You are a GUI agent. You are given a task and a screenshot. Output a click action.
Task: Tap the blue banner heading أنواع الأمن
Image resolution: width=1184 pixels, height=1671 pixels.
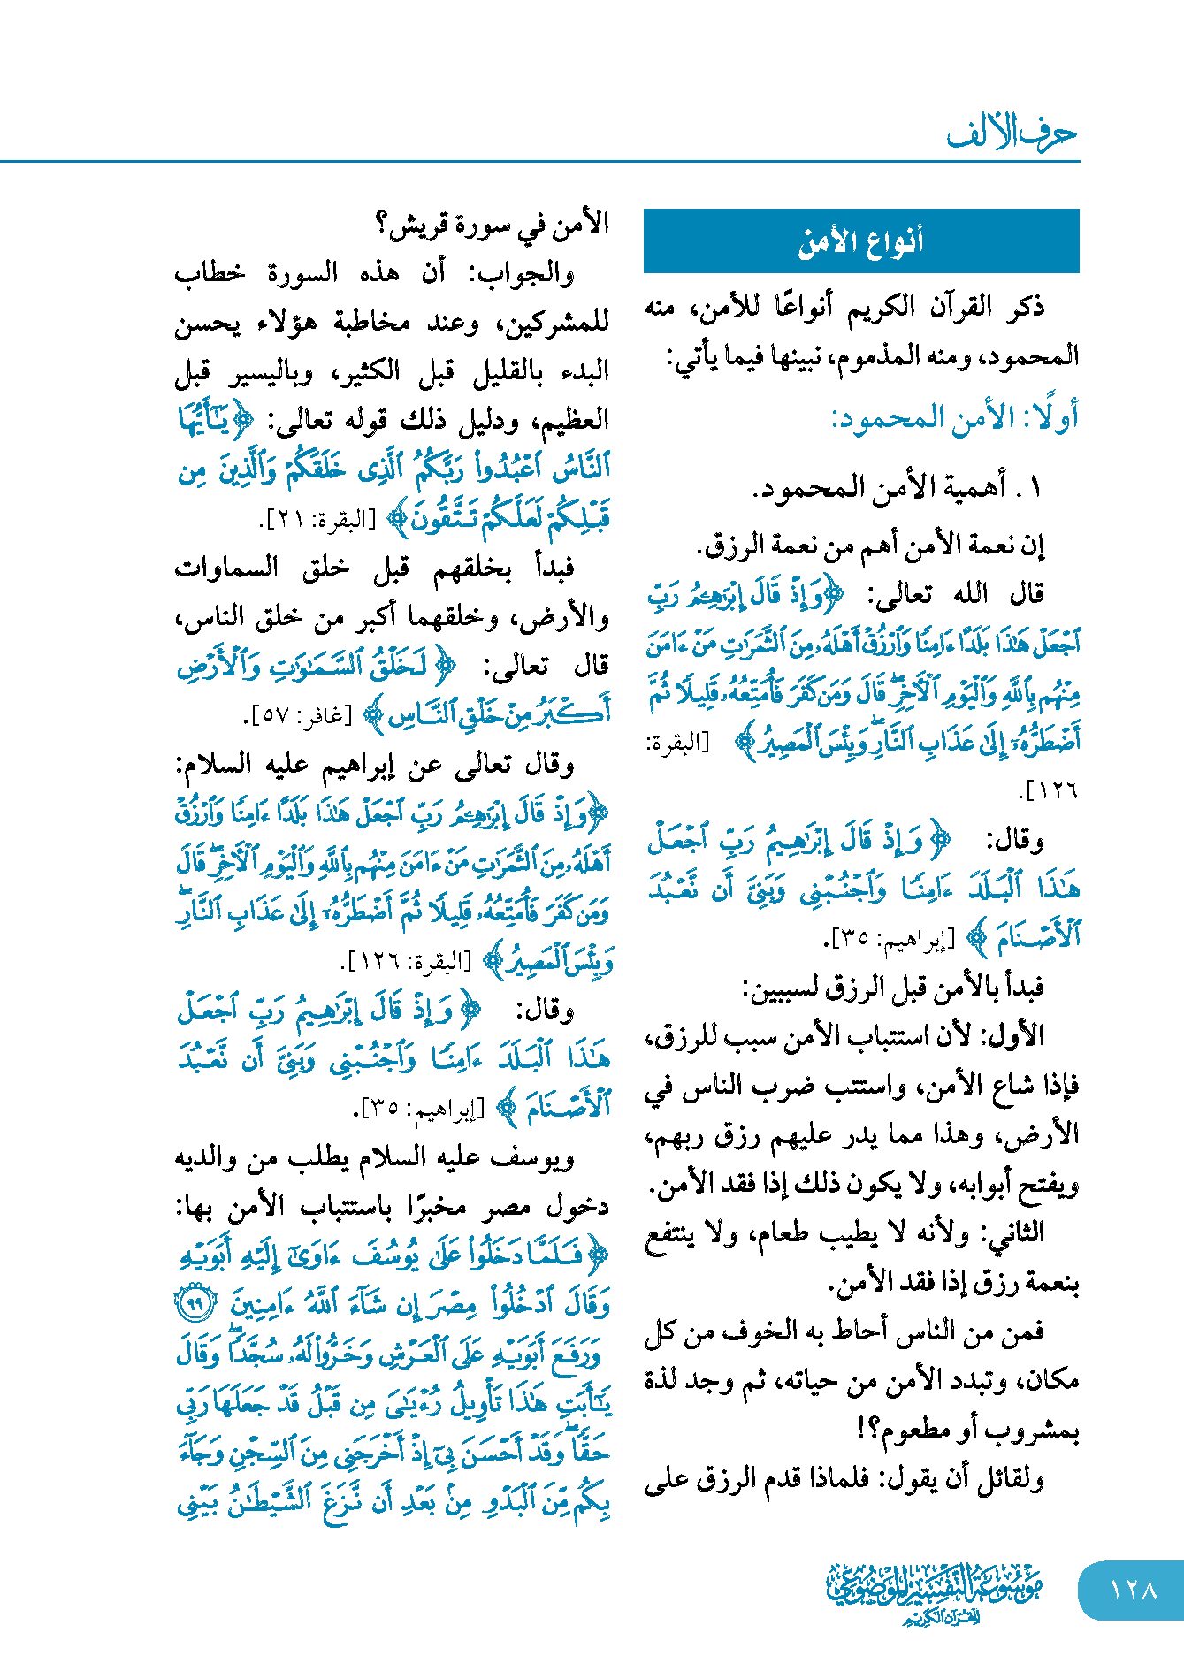point(860,241)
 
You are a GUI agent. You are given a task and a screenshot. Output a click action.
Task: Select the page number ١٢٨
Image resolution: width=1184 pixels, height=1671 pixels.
point(1133,1590)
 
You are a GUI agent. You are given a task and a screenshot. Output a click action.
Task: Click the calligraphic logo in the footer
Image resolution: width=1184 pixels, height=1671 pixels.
point(934,1591)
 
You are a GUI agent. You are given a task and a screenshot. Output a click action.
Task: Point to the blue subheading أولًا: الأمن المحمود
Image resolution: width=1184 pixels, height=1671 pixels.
point(955,418)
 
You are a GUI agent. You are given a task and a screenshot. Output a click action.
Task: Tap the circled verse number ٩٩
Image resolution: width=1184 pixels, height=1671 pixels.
point(194,1303)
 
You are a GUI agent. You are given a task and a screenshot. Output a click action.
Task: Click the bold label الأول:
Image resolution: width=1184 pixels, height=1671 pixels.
point(1020,1035)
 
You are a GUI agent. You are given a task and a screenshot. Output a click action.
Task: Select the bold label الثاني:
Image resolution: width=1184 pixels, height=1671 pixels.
point(1016,1232)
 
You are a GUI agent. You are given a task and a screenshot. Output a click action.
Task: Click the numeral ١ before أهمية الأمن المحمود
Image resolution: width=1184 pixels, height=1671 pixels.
point(1035,486)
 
